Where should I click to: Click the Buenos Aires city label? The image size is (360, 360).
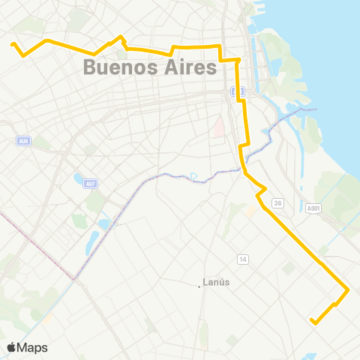pyautogui.click(x=150, y=67)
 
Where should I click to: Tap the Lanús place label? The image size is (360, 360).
pyautogui.click(x=217, y=283)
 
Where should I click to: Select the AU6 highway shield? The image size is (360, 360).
pyautogui.click(x=25, y=140)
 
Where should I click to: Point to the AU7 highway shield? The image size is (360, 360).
pyautogui.click(x=91, y=183)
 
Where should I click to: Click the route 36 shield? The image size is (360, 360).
pyautogui.click(x=277, y=202)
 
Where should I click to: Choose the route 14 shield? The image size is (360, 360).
pyautogui.click(x=242, y=259)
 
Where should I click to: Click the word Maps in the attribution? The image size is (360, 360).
pyautogui.click(x=33, y=347)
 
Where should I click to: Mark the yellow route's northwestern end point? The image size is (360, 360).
pyautogui.click(x=13, y=44)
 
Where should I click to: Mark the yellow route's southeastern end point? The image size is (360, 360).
pyautogui.click(x=312, y=321)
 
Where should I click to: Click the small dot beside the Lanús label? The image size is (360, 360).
pyautogui.click(x=200, y=284)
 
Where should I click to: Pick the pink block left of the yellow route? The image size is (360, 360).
pyautogui.click(x=219, y=127)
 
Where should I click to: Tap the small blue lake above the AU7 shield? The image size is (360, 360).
pyautogui.click(x=79, y=178)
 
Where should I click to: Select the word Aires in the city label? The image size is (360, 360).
pyautogui.click(x=188, y=67)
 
